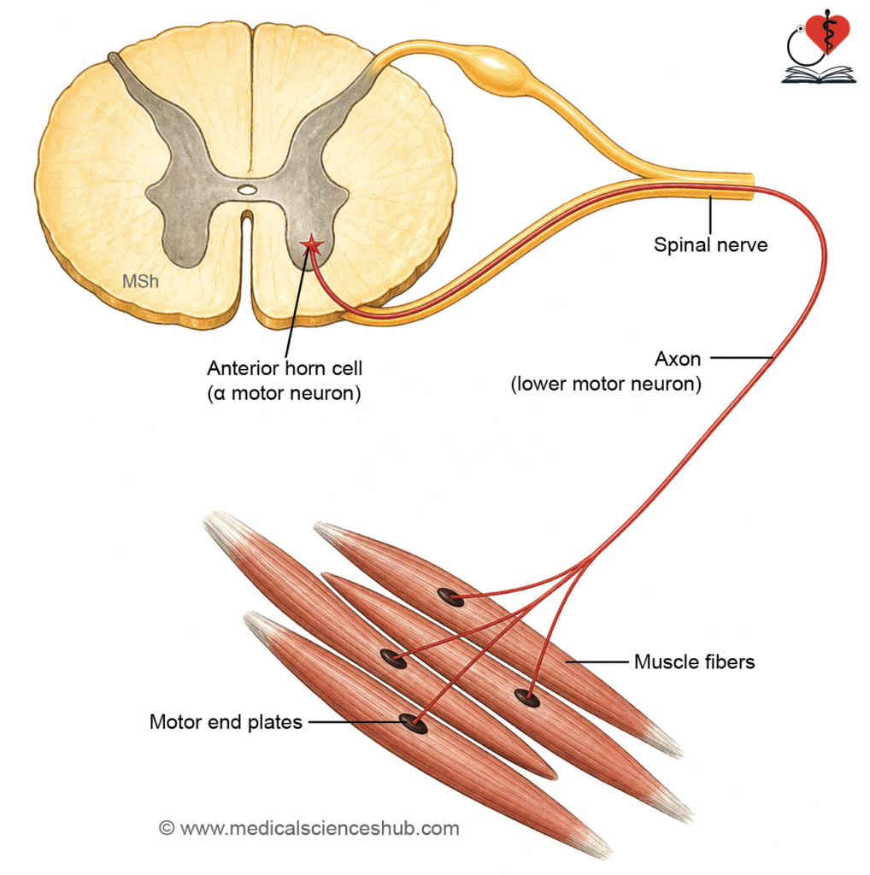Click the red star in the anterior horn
312,244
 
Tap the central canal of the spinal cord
247,190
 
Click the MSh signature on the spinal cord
141,281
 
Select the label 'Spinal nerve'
710,245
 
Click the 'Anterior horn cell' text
285,367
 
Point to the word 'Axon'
678,359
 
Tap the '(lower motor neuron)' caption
606,384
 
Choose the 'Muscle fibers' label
694,662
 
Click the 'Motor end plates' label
226,722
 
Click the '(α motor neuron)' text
284,393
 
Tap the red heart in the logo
827,32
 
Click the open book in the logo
818,75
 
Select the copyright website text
309,828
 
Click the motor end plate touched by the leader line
414,723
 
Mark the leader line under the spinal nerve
710,215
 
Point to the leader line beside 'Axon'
742,357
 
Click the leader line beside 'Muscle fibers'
597,662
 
